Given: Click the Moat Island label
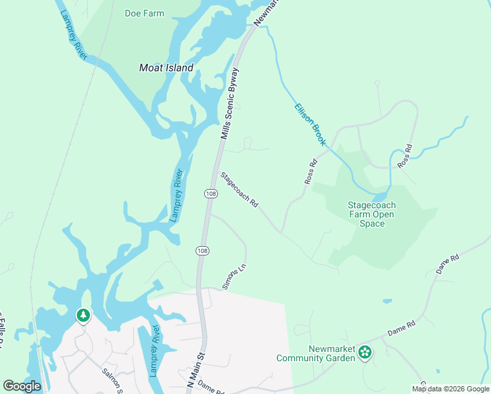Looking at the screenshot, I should pyautogui.click(x=166, y=68).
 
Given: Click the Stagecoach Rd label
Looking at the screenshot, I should pyautogui.click(x=239, y=190).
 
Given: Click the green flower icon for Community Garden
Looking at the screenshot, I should pyautogui.click(x=366, y=353).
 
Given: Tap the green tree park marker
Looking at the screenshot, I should pyautogui.click(x=83, y=316).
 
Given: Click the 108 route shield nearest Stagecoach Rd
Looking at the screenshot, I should pyautogui.click(x=211, y=194).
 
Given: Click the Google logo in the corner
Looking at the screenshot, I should pyautogui.click(x=22, y=385).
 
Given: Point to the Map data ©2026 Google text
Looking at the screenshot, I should pyautogui.click(x=450, y=389).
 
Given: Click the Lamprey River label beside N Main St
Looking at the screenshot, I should pyautogui.click(x=154, y=351).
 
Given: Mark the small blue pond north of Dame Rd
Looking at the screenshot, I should pyautogui.click(x=387, y=301).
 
